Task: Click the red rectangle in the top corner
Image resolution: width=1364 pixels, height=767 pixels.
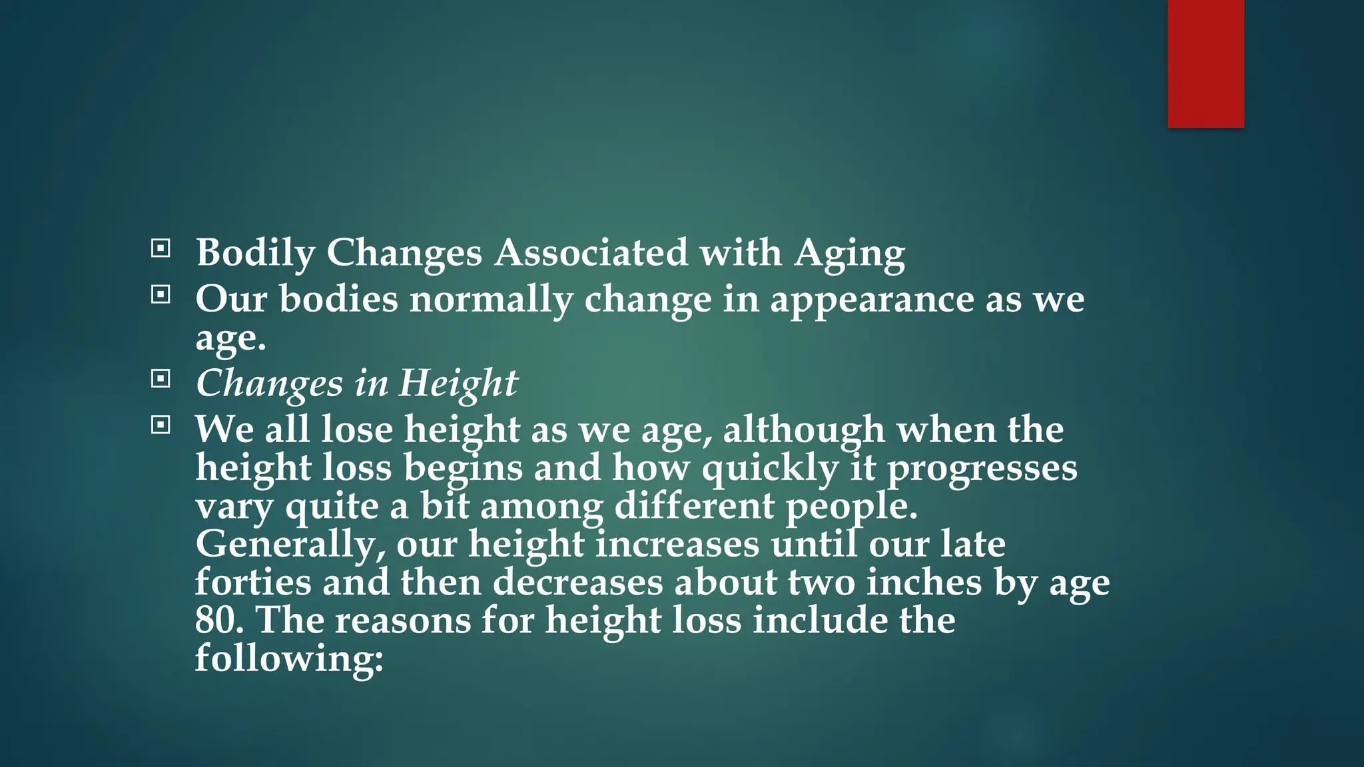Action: (x=1205, y=63)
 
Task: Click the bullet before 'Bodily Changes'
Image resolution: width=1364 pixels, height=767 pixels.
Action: (x=161, y=249)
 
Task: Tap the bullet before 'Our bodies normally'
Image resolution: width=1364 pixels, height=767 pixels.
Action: (x=161, y=294)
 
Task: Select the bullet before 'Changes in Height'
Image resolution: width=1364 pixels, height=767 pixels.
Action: (x=161, y=379)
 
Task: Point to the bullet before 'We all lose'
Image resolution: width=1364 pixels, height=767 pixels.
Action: (x=161, y=425)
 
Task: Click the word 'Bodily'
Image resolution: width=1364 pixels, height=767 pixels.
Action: (x=255, y=253)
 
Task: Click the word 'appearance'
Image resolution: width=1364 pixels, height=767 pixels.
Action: (x=872, y=300)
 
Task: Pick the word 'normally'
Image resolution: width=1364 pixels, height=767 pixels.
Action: (x=492, y=300)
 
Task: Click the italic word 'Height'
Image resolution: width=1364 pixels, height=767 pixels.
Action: (x=458, y=383)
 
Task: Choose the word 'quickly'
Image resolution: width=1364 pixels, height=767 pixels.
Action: (x=770, y=468)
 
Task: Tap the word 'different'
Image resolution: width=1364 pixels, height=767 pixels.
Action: (x=693, y=506)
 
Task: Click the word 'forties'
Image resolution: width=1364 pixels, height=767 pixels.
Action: (x=253, y=582)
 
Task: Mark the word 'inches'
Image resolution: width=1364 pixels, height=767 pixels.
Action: (x=924, y=582)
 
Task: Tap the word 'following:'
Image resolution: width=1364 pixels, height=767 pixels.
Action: (x=289, y=659)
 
